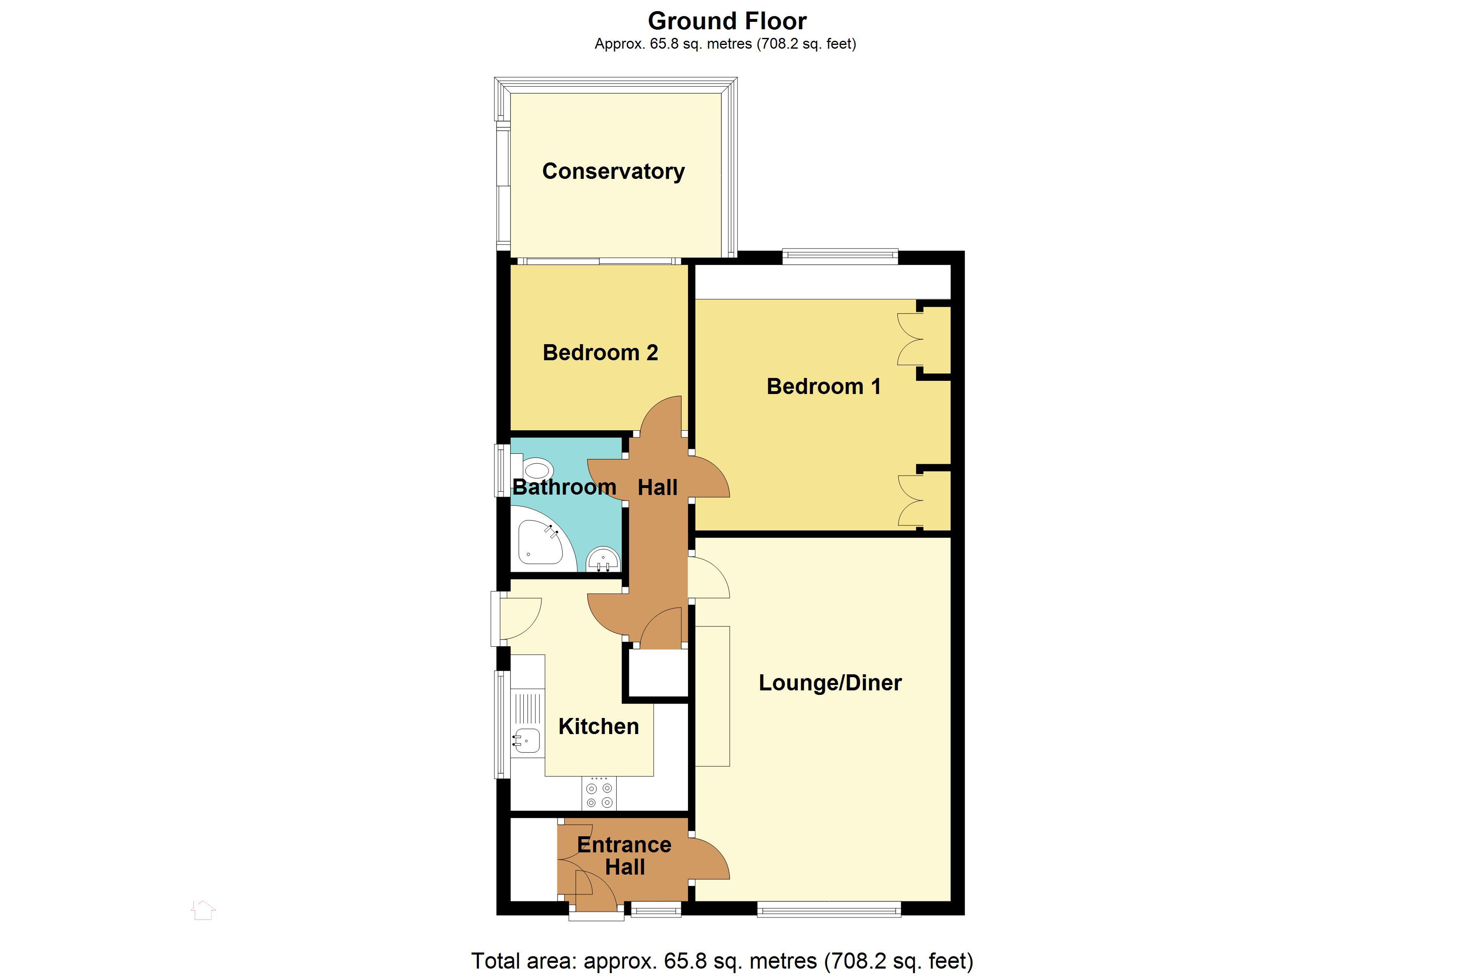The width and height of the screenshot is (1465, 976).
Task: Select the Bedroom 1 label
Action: coord(823,387)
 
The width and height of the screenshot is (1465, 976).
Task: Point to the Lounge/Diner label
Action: coord(830,683)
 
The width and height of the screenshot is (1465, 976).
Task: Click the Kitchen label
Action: coord(598,726)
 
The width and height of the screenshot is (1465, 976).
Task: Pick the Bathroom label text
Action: coord(564,487)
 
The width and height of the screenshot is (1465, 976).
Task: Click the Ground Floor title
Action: coord(727,21)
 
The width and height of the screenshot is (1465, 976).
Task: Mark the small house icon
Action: coord(203,910)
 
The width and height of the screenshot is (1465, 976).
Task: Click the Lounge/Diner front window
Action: coord(829,909)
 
